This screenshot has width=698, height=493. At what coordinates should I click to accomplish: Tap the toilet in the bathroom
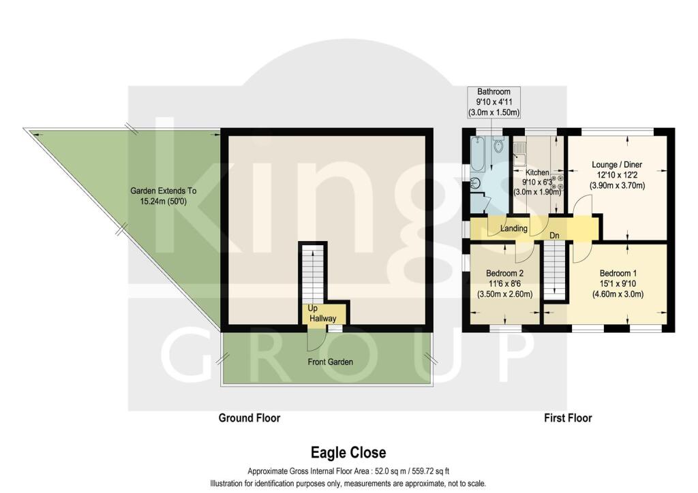500,146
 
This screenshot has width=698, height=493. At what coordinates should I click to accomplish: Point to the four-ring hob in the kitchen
558,181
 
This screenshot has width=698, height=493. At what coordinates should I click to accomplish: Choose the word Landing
513,228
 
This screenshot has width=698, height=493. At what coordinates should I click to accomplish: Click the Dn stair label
555,236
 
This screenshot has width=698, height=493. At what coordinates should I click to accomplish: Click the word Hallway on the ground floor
323,319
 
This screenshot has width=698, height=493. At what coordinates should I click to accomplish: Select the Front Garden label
329,362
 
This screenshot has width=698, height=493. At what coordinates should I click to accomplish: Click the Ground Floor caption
249,417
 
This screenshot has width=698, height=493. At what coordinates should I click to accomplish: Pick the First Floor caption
568,417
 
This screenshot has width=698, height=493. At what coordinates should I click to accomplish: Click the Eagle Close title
348,452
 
